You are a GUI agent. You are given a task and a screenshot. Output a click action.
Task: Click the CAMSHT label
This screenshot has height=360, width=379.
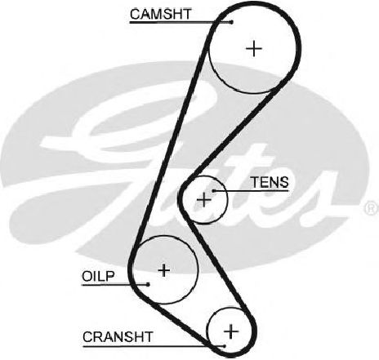161,14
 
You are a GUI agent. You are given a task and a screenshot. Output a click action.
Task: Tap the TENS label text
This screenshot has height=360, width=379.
270,182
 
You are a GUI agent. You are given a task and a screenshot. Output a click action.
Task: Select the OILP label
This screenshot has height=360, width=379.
98,277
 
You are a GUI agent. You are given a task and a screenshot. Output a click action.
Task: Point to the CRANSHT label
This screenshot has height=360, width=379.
118,337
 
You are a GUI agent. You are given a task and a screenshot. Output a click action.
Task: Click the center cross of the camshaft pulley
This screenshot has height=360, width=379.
254,49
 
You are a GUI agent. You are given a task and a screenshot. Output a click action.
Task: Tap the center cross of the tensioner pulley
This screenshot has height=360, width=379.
204,200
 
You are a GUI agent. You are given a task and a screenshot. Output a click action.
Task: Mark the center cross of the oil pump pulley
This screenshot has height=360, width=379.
164,270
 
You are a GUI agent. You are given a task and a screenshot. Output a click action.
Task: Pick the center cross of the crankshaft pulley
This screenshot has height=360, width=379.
231,331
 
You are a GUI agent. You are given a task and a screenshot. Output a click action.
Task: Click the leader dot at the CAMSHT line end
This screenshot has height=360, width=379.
232,22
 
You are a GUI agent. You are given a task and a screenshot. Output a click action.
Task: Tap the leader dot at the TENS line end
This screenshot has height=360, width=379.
214,191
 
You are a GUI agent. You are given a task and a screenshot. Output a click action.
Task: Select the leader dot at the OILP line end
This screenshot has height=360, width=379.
148,285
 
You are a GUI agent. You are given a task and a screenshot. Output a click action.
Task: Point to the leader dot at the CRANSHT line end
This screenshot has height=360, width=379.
225,346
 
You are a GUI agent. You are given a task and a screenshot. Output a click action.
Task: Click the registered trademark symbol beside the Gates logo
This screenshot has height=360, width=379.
372,208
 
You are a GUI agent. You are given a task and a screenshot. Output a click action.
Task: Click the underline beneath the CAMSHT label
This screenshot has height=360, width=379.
181,22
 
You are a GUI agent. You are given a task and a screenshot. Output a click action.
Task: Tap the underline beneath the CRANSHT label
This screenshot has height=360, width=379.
154,346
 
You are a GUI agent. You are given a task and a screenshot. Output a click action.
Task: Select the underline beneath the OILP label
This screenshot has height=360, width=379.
115,285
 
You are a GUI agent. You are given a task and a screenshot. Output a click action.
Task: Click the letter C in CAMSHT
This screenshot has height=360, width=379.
135,14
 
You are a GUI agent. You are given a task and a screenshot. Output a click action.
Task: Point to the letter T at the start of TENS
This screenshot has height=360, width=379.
255,182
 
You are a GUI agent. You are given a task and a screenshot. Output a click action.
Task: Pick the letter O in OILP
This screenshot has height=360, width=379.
87,277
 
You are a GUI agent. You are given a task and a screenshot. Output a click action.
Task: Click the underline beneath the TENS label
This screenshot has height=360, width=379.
251,191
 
